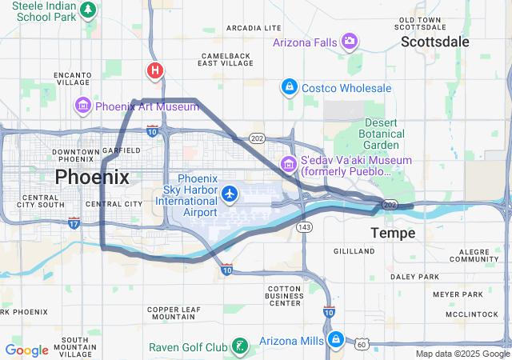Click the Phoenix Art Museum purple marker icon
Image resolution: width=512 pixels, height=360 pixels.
click(83, 106)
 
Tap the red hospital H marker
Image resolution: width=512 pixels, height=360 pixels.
click(154, 70)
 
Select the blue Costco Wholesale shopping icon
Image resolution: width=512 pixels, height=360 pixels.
click(290, 86)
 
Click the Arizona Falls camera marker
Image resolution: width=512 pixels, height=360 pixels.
click(350, 41)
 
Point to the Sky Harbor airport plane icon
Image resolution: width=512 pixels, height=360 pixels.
click(231, 193)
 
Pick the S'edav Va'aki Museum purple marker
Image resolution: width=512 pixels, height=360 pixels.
click(288, 165)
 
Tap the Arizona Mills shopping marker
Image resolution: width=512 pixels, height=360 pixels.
click(336, 340)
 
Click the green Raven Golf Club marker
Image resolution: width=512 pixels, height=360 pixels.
click(238, 346)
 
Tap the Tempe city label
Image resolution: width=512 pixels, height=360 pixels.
click(393, 233)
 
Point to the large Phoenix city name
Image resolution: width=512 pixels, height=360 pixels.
click(92, 177)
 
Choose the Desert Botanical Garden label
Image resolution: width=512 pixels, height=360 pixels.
click(382, 134)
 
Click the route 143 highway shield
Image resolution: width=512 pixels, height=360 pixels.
click(304, 227)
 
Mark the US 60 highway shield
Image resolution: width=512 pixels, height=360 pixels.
click(362, 344)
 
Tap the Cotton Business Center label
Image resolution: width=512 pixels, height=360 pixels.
click(285, 295)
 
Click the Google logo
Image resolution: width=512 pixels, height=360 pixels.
click(26, 350)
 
